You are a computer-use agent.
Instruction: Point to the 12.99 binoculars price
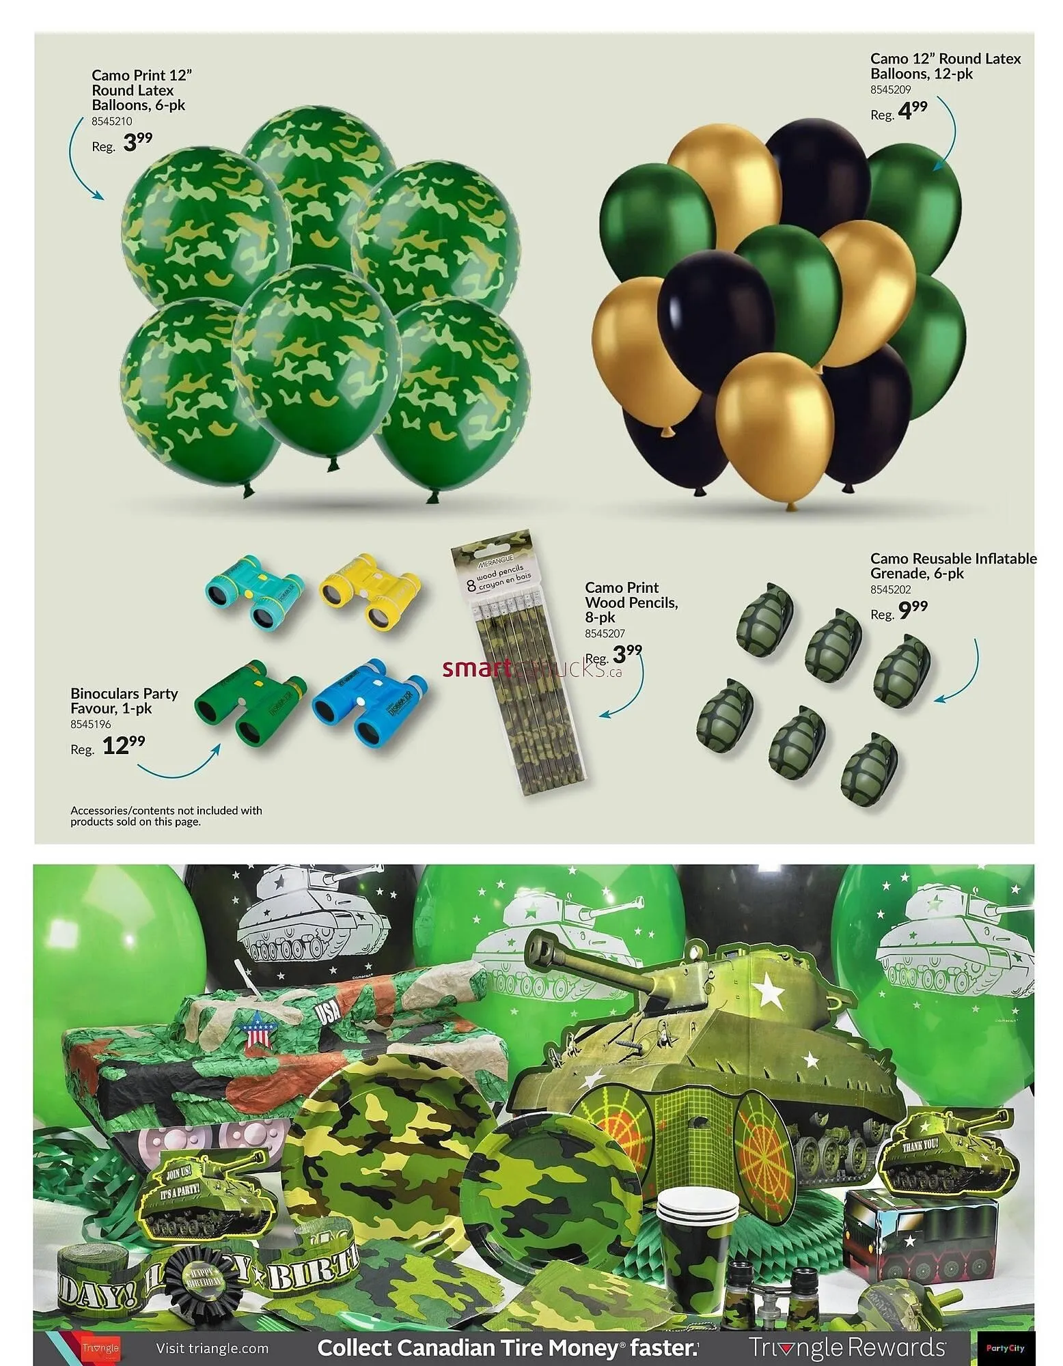tap(123, 745)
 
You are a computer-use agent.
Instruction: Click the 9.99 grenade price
tap(913, 610)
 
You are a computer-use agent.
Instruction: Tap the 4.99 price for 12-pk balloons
tap(913, 110)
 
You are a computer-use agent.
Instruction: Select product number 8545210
tap(112, 122)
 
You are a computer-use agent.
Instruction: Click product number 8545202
tap(890, 589)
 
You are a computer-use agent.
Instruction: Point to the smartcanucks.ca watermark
tap(532, 669)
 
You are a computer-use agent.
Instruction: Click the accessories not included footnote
tap(166, 816)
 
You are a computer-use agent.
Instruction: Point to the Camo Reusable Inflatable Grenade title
tap(953, 566)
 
